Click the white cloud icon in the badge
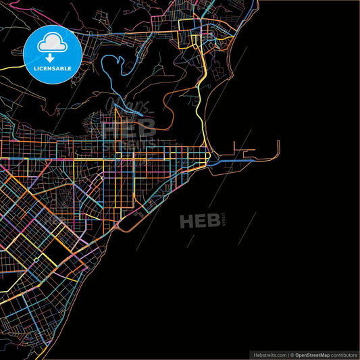(x=53, y=44)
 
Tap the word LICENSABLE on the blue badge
(x=53, y=68)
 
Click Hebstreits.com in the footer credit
(x=269, y=354)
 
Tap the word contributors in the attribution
(x=344, y=354)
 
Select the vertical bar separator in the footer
(x=286, y=354)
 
